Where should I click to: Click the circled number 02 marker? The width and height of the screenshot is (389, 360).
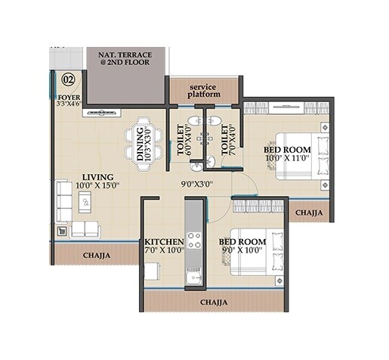pyautogui.click(x=68, y=79)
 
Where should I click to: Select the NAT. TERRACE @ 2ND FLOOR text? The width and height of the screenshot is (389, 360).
pyautogui.click(x=126, y=59)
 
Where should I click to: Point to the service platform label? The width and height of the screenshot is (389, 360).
pyautogui.click(x=205, y=91)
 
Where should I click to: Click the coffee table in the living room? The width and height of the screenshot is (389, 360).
pyautogui.click(x=85, y=201)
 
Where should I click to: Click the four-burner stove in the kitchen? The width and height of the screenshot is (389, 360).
pyautogui.click(x=194, y=241)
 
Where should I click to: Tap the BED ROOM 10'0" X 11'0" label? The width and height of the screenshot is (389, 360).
pyautogui.click(x=287, y=154)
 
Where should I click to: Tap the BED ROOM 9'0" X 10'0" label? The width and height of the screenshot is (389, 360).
pyautogui.click(x=242, y=247)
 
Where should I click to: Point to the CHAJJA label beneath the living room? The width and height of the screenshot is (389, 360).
pyautogui.click(x=96, y=256)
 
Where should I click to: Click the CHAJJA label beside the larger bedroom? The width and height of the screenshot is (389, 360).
pyautogui.click(x=310, y=213)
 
